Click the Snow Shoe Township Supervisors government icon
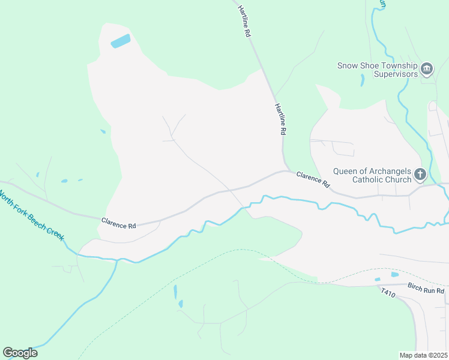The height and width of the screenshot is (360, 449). point(427,69)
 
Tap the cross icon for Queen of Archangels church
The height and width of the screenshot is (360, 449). point(420,175)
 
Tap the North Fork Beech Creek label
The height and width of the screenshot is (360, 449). point(35,220)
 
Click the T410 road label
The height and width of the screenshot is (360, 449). point(388,295)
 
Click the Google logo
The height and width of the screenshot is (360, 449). point(20,352)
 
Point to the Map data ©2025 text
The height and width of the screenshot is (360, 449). point(424,355)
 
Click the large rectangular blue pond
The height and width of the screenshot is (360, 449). point(121,41)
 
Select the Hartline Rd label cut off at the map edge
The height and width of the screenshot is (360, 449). point(243,20)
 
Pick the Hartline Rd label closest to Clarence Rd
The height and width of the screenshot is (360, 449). point(280,118)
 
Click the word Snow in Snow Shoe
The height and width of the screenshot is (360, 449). point(347,66)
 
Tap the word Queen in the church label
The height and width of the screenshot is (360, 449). point(347,170)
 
